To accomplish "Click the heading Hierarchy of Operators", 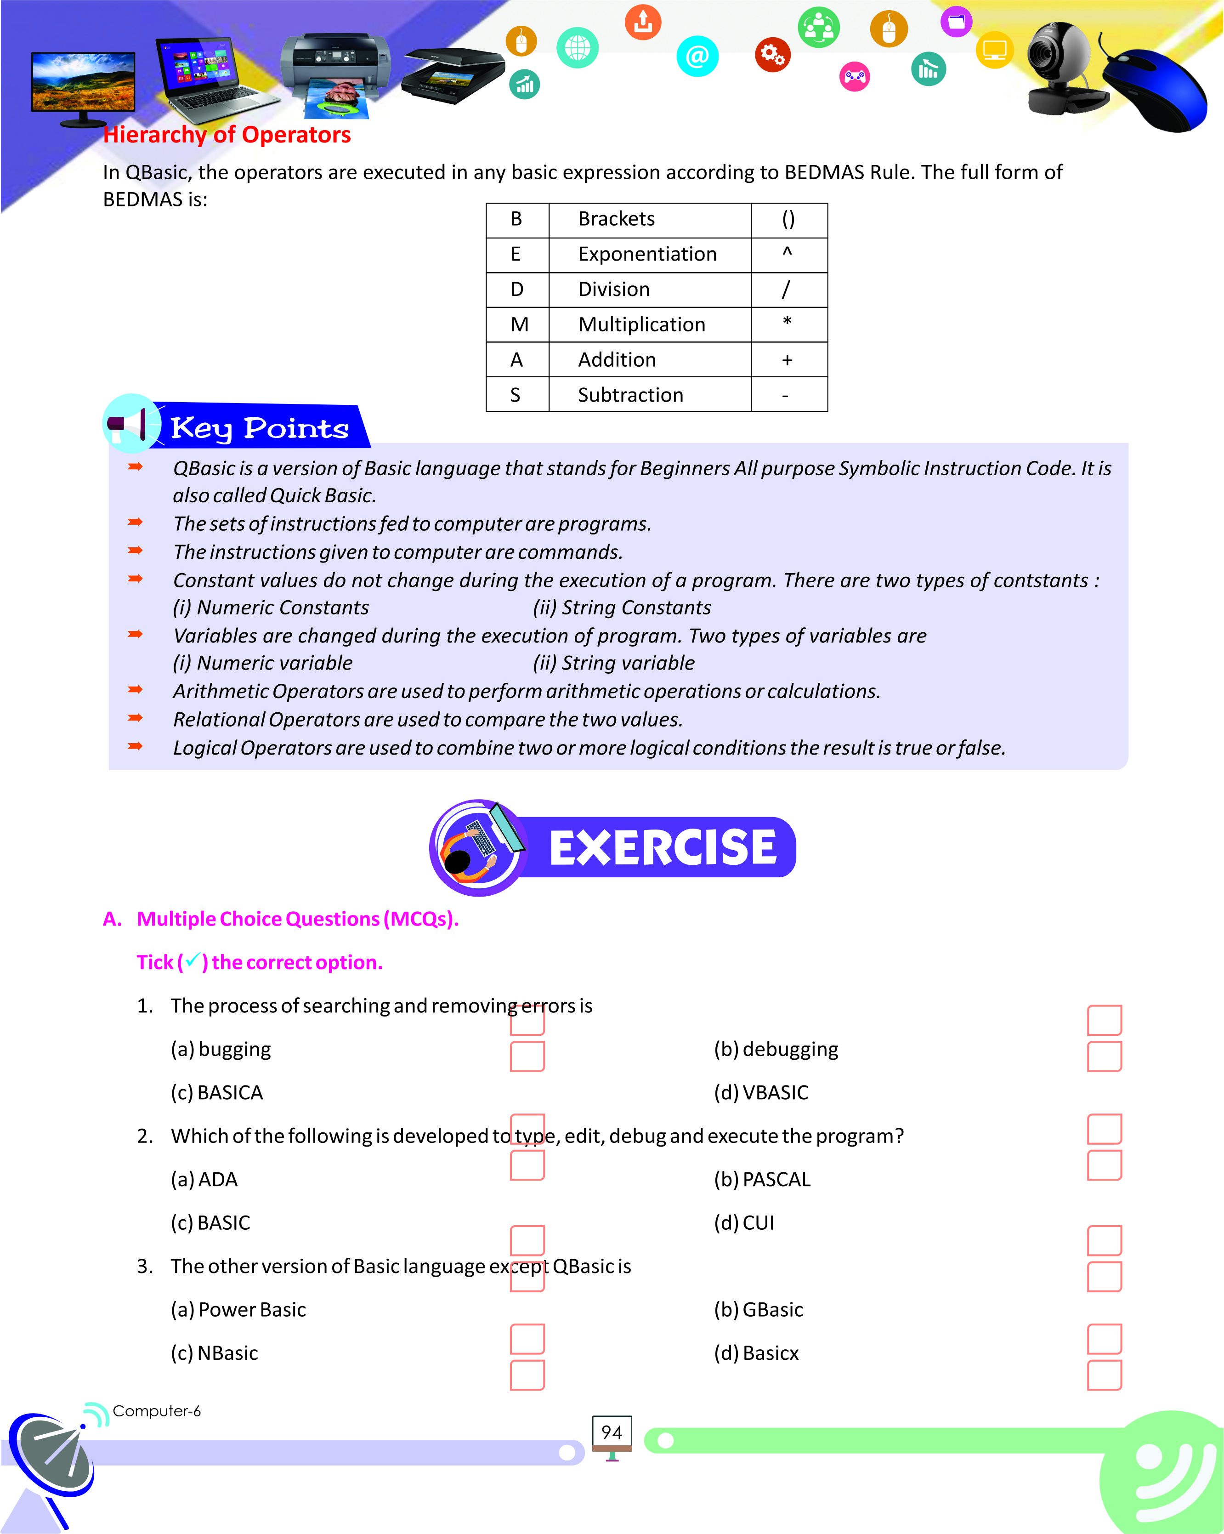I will pyautogui.click(x=227, y=135).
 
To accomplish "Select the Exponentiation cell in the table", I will pyautogui.click(x=647, y=254).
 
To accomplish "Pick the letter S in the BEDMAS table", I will pyautogui.click(x=516, y=395).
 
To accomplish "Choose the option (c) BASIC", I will pyautogui.click(x=210, y=1222).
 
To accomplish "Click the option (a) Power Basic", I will pyautogui.click(x=238, y=1309).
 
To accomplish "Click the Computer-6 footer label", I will pyautogui.click(x=157, y=1411).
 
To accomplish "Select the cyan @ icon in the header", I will pyautogui.click(x=697, y=56).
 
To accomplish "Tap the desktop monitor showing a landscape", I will pyautogui.click(x=83, y=85).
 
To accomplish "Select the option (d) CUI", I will pyautogui.click(x=744, y=1222).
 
